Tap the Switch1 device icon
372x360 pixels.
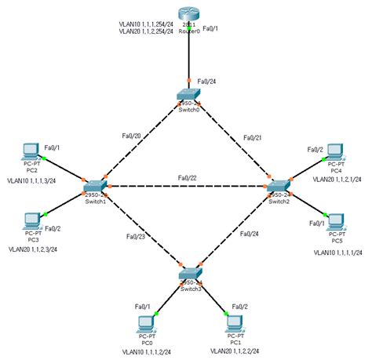click(94, 187)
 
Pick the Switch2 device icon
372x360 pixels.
click(279, 187)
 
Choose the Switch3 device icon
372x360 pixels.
click(189, 275)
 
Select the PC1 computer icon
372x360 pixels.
click(232, 322)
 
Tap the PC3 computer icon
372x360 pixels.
click(32, 220)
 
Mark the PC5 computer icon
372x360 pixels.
click(336, 220)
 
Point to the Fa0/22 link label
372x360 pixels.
click(188, 178)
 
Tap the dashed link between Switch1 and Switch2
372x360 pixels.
click(187, 187)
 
